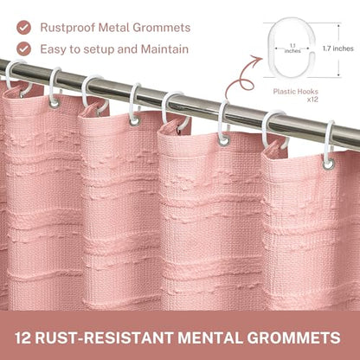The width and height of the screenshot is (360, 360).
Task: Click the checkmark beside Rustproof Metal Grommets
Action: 23,28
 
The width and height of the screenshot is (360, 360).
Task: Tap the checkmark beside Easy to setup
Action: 23,48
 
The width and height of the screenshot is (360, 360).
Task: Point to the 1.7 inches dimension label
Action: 338,48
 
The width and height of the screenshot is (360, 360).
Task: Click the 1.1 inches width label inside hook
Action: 292,48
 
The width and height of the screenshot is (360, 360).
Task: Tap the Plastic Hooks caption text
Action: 296,92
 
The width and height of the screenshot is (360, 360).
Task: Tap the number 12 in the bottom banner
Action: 22,337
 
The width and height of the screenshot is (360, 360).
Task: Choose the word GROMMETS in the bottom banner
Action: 293,337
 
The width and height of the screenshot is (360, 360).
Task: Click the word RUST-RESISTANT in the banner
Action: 105,337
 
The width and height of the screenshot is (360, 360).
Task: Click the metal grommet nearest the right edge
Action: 328,164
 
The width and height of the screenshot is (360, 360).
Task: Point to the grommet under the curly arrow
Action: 224,141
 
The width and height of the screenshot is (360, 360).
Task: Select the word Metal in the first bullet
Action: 114,28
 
